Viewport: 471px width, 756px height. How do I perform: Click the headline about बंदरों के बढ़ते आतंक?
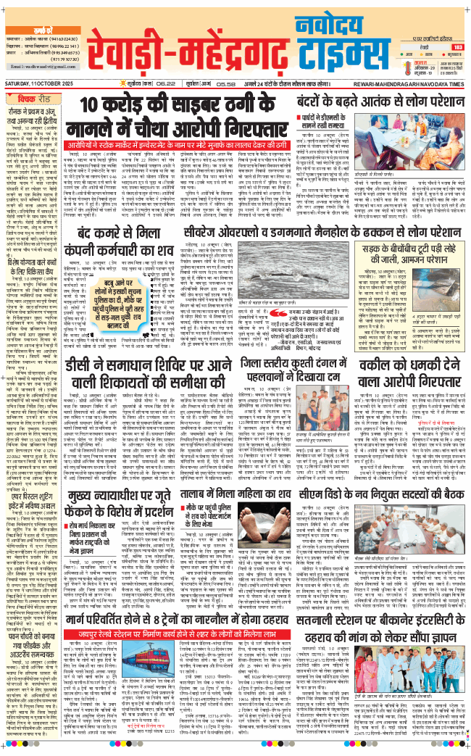370,100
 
